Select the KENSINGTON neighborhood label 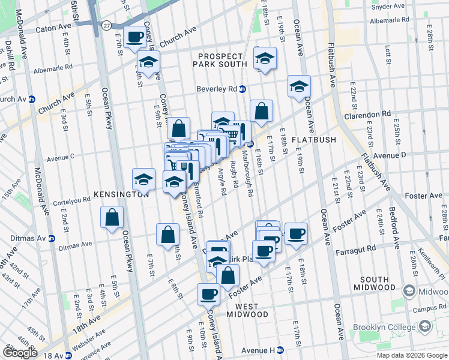click(x=121, y=194)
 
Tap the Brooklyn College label click(x=383, y=328)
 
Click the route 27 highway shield click(x=106, y=25)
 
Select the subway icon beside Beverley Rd click(x=243, y=89)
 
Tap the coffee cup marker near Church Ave click(x=134, y=37)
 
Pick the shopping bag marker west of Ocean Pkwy click(x=112, y=218)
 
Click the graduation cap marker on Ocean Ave click(x=298, y=86)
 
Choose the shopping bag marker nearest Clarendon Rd click(x=261, y=112)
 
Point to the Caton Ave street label click(x=53, y=28)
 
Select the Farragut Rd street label click(x=355, y=248)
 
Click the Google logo click(x=20, y=353)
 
